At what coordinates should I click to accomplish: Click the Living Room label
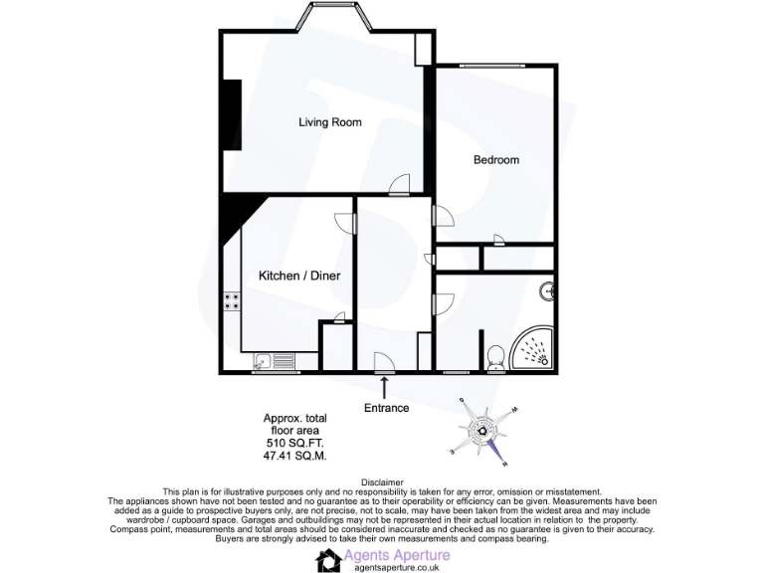(x=330, y=122)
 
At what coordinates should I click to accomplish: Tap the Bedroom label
(x=495, y=159)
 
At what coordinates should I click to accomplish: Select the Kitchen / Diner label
(x=293, y=275)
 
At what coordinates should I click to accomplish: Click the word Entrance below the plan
(x=386, y=408)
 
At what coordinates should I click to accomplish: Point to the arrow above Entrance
(x=385, y=386)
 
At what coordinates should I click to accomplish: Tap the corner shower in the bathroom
(x=536, y=351)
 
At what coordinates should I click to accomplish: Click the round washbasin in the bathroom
(x=546, y=290)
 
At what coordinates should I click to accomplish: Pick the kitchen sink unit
(x=272, y=362)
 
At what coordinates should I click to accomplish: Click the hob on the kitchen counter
(x=232, y=300)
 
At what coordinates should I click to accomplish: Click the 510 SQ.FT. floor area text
(x=293, y=443)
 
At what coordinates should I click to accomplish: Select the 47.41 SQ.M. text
(x=293, y=456)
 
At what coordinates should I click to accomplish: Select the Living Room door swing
(x=399, y=183)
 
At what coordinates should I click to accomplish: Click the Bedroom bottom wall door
(x=496, y=238)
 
